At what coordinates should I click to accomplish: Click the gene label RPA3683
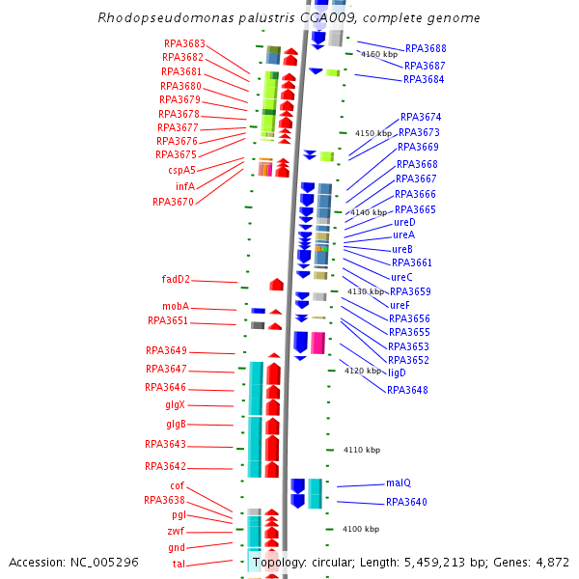184,43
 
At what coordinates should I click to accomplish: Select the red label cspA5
181,170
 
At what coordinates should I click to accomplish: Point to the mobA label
176,307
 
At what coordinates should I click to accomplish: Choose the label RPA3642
165,466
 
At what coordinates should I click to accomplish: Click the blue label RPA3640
406,502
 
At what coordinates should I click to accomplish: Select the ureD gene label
404,222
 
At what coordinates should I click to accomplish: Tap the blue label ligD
397,372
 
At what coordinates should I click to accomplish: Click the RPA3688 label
426,48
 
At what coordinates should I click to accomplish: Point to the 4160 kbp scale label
378,55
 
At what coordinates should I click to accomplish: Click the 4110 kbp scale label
362,450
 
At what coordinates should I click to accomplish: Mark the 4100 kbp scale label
361,529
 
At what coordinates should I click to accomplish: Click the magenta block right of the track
317,343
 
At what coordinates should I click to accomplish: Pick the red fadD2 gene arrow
277,284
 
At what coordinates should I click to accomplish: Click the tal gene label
179,564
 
